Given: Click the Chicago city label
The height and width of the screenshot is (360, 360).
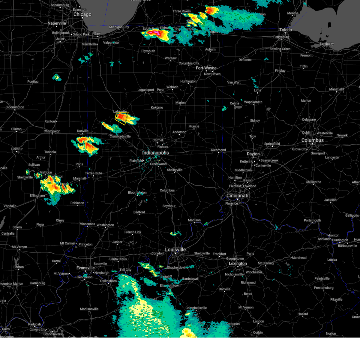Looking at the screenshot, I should pos(82,14).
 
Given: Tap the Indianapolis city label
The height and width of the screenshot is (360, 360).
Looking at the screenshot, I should pos(155,153).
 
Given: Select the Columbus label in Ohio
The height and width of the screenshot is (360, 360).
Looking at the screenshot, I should pos(312,140).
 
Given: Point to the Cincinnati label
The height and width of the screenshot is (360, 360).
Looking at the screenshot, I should pos(237,196).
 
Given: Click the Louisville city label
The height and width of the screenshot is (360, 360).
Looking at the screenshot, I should pos(175,250).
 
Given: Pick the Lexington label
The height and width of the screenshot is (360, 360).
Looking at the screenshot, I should pos(238,264).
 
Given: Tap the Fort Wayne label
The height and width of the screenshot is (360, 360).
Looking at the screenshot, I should pos(206,68).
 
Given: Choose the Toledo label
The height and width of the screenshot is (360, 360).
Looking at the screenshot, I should pos(286,30).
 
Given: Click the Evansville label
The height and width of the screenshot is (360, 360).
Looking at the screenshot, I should pos(85,268).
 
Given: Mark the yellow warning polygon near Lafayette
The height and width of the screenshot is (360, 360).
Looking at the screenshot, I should pos(122,118).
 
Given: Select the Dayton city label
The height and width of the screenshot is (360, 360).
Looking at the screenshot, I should pos(253,154).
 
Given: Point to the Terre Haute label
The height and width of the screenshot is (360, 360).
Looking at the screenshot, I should pos(93,173).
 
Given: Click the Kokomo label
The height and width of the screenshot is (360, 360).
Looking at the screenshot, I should pos(157,107).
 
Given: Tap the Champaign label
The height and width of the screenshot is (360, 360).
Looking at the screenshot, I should pos(52,131).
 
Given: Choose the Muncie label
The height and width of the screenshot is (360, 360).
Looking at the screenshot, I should pos(194,126).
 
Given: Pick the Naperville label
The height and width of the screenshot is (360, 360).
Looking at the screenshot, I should pos(57,23).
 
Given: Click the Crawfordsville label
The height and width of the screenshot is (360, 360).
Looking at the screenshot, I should pos(120,136).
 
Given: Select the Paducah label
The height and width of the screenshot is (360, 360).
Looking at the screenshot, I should pos(34,324).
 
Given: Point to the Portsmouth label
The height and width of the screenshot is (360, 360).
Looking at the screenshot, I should pos(312,220).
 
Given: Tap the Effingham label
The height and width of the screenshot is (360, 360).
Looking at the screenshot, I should pos(37,196).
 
